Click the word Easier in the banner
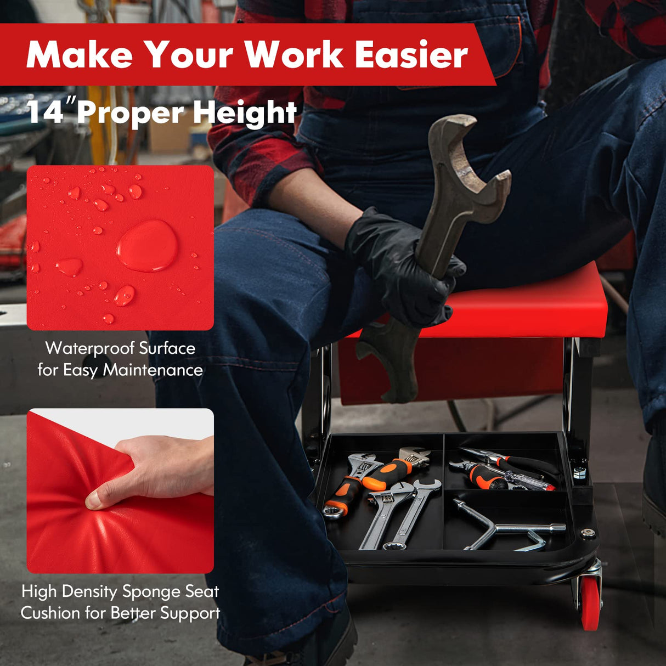coord(411,55)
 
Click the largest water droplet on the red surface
coord(147,245)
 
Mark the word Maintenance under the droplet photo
coord(153,370)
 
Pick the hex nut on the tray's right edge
coord(578,472)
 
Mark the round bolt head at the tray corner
coord(589,533)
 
